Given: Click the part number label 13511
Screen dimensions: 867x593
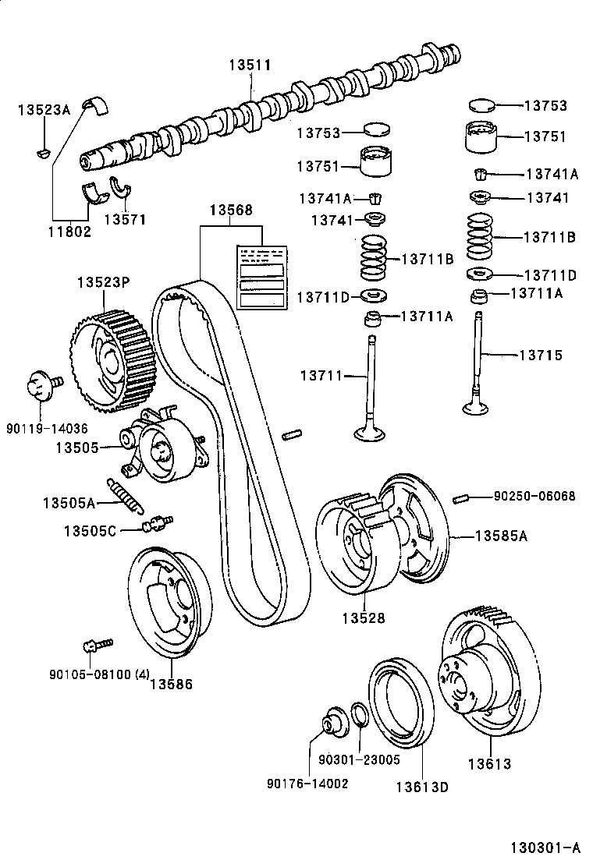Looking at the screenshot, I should (x=250, y=65).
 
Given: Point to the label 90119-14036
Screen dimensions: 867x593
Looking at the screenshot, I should (x=47, y=428).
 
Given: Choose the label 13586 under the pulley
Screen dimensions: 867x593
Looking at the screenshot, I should (x=171, y=685).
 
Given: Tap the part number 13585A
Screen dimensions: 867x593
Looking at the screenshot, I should (x=501, y=536).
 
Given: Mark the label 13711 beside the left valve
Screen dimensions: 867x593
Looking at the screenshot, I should (x=321, y=377).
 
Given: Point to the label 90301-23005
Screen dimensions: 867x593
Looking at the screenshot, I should (x=359, y=759).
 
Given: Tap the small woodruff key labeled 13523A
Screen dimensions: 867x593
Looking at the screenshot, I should (x=44, y=152).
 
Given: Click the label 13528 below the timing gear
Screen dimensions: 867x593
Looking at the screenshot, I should (x=363, y=618).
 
